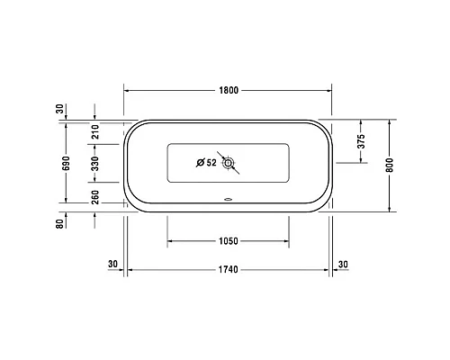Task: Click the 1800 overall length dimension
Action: click(229, 91)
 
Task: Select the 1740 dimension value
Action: click(229, 270)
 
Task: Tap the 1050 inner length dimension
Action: click(229, 241)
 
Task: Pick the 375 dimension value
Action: click(360, 140)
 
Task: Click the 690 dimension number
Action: click(65, 162)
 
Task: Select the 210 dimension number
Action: click(95, 134)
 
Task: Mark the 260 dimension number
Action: click(95, 196)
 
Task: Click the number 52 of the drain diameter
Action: click(211, 163)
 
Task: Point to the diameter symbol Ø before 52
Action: click(201, 163)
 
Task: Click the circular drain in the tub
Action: click(229, 163)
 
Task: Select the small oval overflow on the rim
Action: click(229, 201)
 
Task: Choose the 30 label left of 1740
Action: click(112, 264)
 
